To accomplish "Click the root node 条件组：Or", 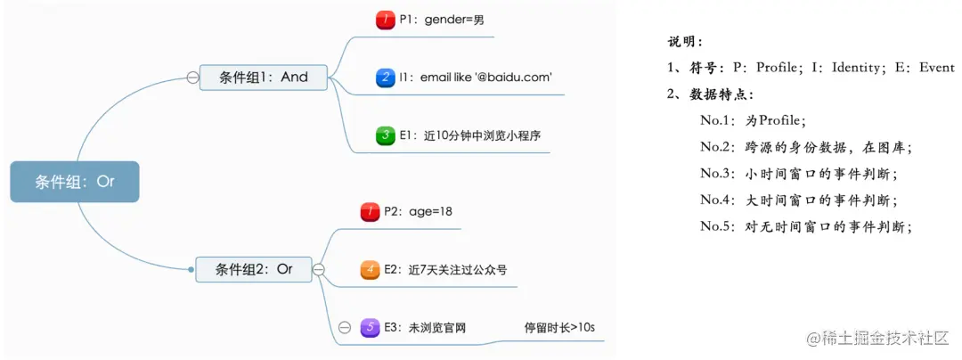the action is (75, 182).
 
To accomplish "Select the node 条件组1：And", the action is (263, 77).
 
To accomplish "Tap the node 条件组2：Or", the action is (254, 268).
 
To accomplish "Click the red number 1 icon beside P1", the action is (385, 19).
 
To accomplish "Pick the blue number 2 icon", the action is (385, 78).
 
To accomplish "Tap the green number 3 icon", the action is (385, 135).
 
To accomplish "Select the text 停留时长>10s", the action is (559, 327).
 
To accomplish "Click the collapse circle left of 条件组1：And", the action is (192, 78).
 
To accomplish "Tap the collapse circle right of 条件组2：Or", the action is (319, 268).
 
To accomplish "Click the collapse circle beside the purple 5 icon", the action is (345, 327).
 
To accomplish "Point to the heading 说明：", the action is (685, 42).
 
